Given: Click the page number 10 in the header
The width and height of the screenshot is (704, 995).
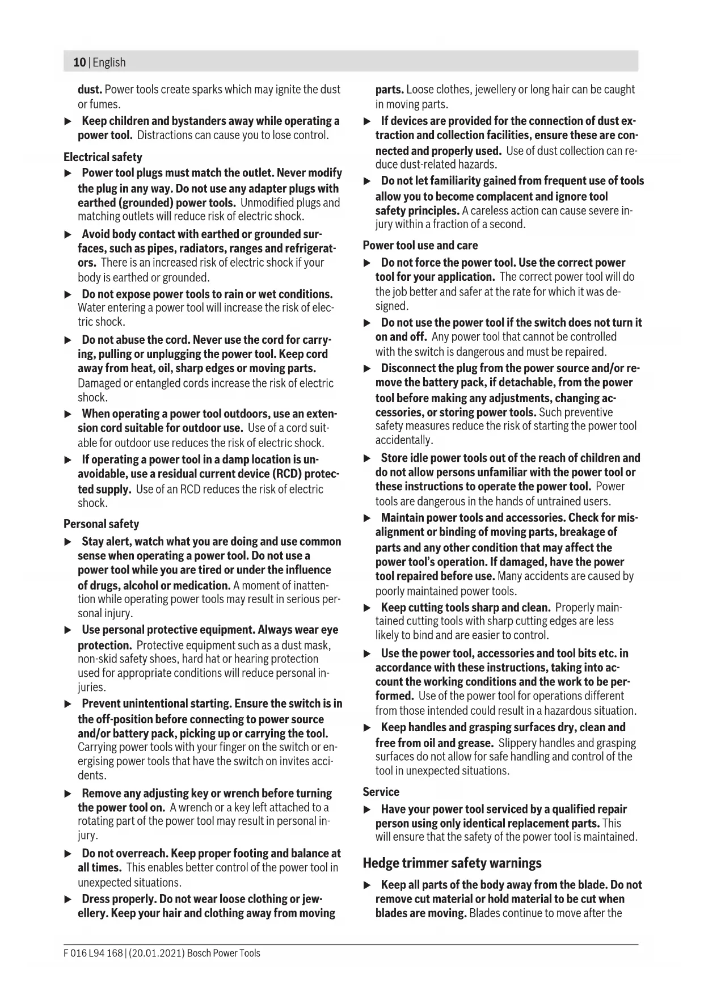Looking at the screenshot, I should [79, 62].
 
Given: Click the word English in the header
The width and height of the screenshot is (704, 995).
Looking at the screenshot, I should [109, 62].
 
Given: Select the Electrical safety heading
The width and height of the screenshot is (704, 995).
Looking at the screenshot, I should [103, 157].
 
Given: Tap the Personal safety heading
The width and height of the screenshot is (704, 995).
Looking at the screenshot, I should [101, 524].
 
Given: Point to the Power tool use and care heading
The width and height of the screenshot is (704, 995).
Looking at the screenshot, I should [420, 246].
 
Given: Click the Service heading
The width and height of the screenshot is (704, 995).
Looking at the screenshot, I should [381, 792].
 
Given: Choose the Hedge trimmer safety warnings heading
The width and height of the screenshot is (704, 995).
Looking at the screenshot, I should [452, 863].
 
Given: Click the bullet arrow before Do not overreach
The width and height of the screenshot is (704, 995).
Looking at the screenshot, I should [68, 854].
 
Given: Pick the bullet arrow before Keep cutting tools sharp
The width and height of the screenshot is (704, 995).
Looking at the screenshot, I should [367, 608].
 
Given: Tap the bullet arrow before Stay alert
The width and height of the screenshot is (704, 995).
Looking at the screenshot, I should [68, 542].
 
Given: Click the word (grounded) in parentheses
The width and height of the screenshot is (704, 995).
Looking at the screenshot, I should [145, 203].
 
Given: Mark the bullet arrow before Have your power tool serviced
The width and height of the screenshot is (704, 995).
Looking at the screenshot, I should [367, 810].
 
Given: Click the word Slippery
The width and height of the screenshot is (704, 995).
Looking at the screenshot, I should [520, 743].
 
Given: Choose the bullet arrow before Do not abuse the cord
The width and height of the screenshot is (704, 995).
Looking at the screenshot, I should [68, 340].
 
